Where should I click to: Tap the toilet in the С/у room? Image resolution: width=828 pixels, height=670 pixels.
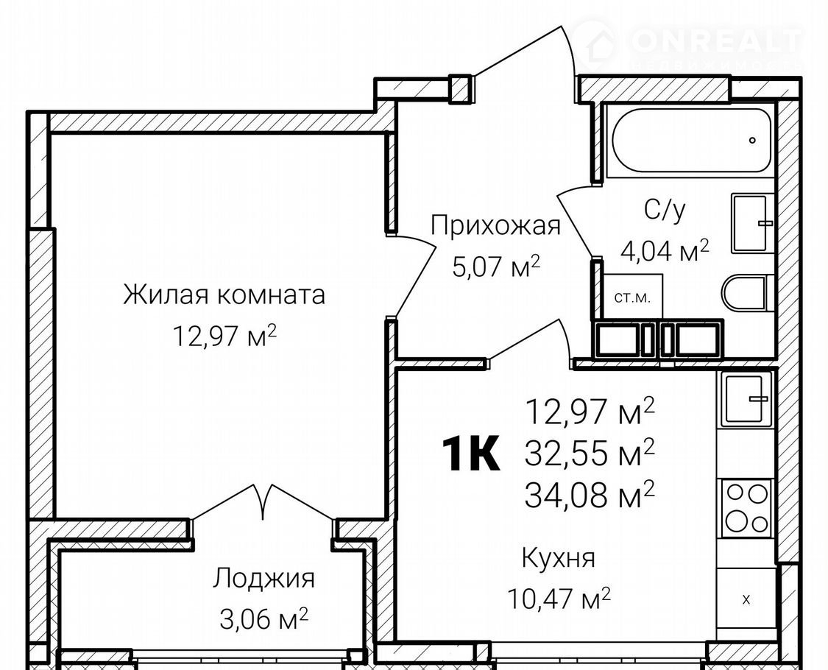pyautogui.click(x=744, y=292)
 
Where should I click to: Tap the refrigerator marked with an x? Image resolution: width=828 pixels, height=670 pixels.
pyautogui.click(x=746, y=600)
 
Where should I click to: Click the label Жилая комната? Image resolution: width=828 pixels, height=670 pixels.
pyautogui.click(x=224, y=295)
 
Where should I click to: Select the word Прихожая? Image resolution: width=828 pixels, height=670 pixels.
pyautogui.click(x=495, y=226)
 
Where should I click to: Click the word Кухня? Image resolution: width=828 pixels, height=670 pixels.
pyautogui.click(x=558, y=558)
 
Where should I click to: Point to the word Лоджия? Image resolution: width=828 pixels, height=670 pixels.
pyautogui.click(x=263, y=579)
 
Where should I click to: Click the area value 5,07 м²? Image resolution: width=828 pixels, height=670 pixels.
pyautogui.click(x=496, y=267)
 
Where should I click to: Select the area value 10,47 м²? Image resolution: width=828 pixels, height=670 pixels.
pyautogui.click(x=559, y=598)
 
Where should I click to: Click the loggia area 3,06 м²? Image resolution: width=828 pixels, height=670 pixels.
pyautogui.click(x=263, y=618)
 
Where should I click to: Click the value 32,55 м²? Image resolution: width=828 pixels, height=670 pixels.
pyautogui.click(x=590, y=453)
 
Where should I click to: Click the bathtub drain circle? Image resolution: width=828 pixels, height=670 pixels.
pyautogui.click(x=752, y=141)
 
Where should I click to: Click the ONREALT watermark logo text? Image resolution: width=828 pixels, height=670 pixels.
pyautogui.click(x=715, y=40)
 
